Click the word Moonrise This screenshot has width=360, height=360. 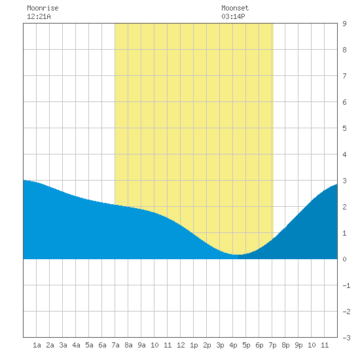[43, 8]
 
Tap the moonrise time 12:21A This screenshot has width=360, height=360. [39, 16]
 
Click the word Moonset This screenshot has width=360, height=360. [235, 8]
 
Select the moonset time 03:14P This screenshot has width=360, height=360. [233, 16]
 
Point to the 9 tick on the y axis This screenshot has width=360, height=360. [344, 24]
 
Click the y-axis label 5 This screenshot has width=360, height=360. [344, 128]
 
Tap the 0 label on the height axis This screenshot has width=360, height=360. [344, 259]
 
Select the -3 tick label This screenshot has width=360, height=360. [346, 338]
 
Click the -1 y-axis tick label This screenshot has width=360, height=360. [346, 285]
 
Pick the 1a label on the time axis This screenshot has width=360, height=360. [37, 345]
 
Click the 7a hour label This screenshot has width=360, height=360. [115, 345]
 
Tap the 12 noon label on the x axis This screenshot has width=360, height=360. [181, 345]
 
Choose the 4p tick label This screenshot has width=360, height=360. [233, 345]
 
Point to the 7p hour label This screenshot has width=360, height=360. [272, 345]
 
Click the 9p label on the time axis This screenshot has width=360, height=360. [298, 345]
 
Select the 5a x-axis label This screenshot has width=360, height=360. [89, 345]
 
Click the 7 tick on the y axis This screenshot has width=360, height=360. [344, 76]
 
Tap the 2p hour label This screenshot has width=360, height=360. [207, 345]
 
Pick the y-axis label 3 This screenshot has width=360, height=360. [344, 181]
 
